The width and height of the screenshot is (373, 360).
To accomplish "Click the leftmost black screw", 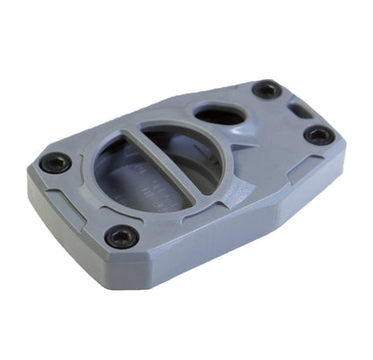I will click(x=56, y=163).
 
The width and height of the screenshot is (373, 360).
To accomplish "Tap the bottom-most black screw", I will click(x=121, y=236).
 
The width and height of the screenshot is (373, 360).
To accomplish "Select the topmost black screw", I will click(x=266, y=89).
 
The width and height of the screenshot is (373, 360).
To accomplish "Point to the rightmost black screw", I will click(x=319, y=135).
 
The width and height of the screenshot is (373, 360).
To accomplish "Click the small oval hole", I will click(x=219, y=116).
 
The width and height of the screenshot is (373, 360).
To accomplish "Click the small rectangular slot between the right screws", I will click(x=297, y=110).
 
